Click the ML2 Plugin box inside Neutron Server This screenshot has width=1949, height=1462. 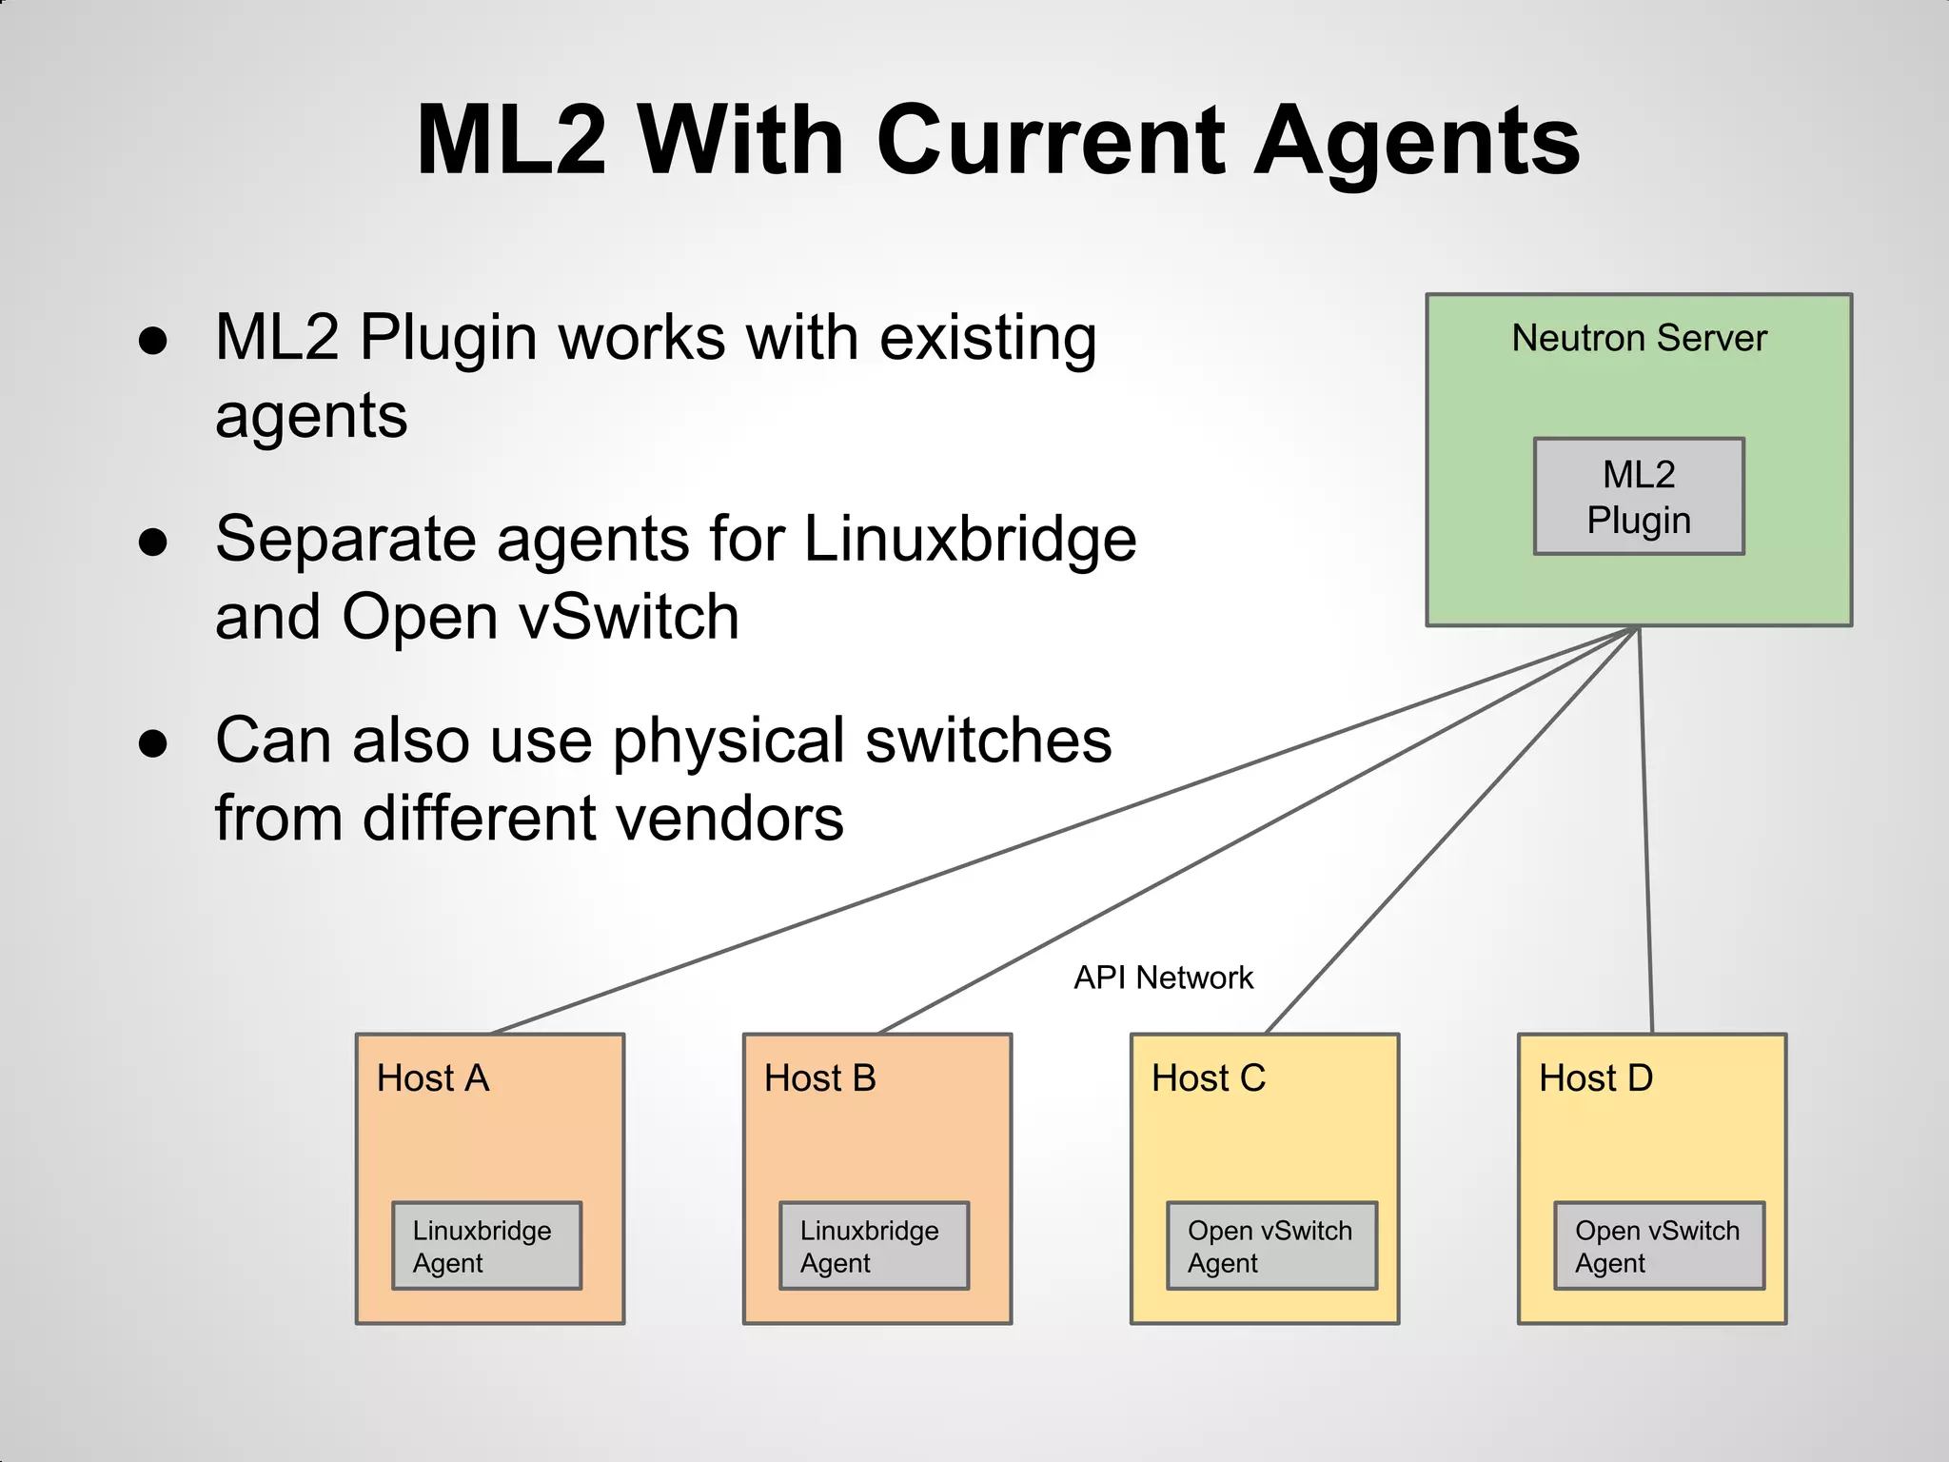point(1639,496)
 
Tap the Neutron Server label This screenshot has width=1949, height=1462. point(1639,338)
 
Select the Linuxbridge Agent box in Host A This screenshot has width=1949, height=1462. point(486,1246)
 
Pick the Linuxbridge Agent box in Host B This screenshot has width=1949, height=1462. point(874,1246)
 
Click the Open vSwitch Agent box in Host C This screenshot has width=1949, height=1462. point(1271,1246)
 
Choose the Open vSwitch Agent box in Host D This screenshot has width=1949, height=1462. point(1659,1246)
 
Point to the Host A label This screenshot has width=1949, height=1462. point(433,1078)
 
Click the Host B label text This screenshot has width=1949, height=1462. point(819,1078)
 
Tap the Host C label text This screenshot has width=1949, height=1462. point(1209,1078)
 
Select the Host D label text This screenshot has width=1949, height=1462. point(1596,1078)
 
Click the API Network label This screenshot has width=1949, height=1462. point(1163,978)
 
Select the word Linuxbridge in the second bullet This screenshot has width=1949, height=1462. point(970,539)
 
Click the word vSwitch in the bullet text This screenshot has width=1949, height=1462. point(629,617)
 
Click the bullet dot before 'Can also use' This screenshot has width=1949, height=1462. point(153,743)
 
